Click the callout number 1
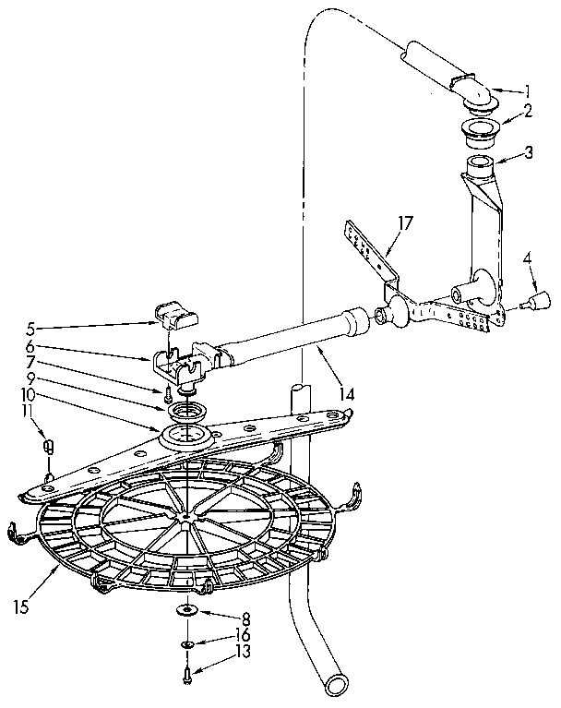[528, 90]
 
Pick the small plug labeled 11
[50, 447]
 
